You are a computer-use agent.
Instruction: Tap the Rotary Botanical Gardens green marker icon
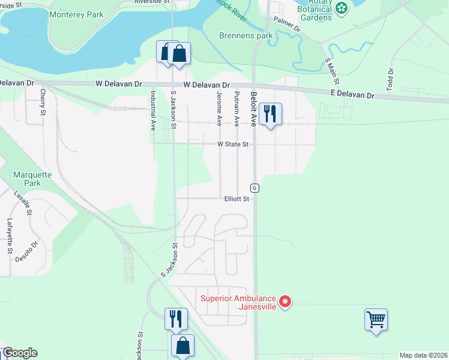click(x=342, y=8)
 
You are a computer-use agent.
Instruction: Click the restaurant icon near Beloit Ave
click(x=271, y=112)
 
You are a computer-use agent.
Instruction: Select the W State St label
click(x=233, y=144)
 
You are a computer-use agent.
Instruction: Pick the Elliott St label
click(x=237, y=199)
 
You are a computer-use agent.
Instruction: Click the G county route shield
click(x=255, y=188)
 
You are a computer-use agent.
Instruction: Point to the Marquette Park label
click(x=27, y=179)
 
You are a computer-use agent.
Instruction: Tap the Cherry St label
click(x=43, y=101)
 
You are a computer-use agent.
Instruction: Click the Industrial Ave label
click(x=153, y=110)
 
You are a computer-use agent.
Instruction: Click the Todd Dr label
click(x=390, y=80)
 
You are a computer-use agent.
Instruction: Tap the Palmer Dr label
click(x=287, y=25)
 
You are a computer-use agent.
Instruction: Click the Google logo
click(x=20, y=353)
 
